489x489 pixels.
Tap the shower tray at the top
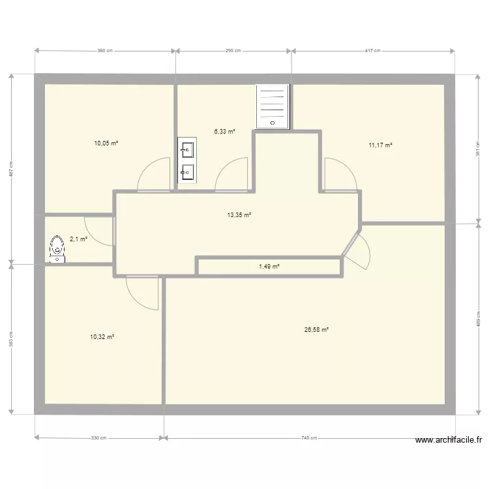272,106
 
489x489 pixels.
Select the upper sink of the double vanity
187,151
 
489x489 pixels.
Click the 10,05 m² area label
106,143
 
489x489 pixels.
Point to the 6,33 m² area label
224,131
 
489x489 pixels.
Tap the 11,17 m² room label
380,145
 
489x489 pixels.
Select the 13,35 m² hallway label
239,214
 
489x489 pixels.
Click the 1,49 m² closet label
269,266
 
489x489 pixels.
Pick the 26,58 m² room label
316,330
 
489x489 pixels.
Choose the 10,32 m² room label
102,336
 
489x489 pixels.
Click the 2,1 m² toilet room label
78,239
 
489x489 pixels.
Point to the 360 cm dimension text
105,50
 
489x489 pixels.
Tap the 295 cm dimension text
233,50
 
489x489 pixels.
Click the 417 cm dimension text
373,50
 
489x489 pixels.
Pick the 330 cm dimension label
99,438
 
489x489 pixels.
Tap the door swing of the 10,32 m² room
142,291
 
